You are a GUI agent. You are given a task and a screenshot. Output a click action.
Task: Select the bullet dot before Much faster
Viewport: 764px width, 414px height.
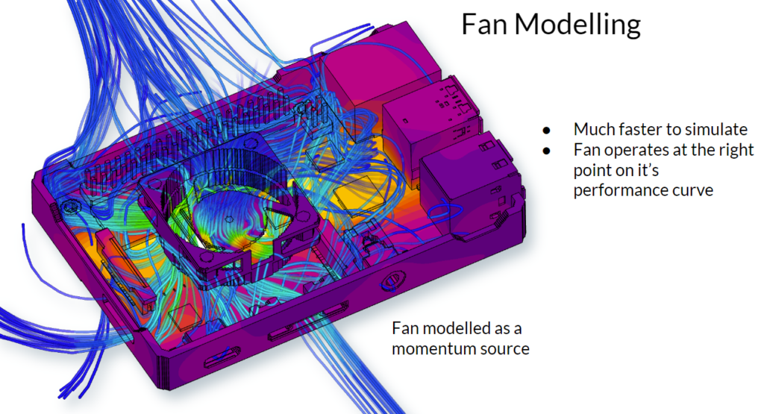coord(548,129)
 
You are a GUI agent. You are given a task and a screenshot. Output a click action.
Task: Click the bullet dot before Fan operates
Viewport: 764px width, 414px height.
coord(548,150)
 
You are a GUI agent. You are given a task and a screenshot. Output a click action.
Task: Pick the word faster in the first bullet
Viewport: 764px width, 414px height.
coord(638,129)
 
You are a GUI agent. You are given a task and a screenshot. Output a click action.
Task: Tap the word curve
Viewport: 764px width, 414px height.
coord(691,189)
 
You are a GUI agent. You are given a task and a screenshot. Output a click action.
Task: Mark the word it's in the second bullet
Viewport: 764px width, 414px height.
coord(660,170)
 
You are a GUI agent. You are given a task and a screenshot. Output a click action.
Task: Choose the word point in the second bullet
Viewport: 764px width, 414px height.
coord(592,170)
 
